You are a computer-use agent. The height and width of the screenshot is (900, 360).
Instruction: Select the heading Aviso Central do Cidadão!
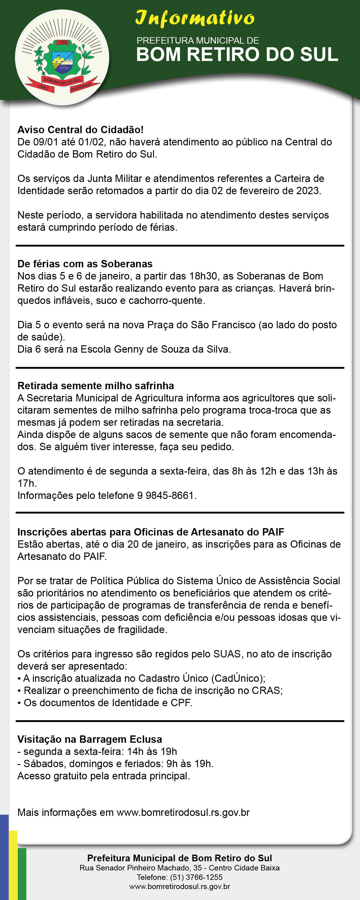80,130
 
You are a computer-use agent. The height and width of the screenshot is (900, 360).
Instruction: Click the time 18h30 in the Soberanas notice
204,276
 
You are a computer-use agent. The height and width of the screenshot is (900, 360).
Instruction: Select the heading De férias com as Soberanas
85,264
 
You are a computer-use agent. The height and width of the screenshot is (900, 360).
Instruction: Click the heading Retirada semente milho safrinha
95,386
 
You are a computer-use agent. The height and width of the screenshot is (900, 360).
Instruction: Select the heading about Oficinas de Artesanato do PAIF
151,532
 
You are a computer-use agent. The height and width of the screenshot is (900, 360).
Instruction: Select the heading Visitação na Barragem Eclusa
90,739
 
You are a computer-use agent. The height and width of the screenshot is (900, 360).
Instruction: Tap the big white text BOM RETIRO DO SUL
237,55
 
